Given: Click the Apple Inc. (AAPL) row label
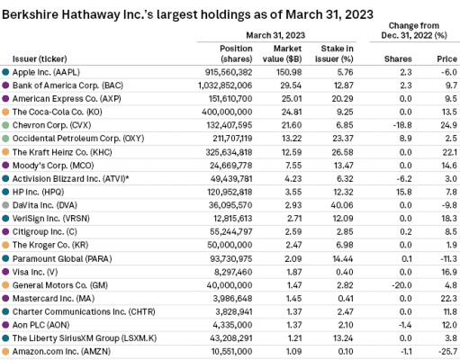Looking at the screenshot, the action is (x=46, y=72).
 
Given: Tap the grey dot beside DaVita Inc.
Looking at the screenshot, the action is (x=5, y=205).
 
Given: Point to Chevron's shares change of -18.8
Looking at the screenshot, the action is (x=402, y=125).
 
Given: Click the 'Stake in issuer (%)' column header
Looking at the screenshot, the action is (x=334, y=54).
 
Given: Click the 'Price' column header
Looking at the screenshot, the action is (x=446, y=58).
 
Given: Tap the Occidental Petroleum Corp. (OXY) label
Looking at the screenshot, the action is (x=78, y=139).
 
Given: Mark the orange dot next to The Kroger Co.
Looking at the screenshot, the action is (x=5, y=245).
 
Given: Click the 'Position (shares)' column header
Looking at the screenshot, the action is (x=236, y=54).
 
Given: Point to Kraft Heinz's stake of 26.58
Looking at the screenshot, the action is (x=342, y=152).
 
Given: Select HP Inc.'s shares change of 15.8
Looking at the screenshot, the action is (x=403, y=192).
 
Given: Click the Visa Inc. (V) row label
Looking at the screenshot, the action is (x=35, y=272).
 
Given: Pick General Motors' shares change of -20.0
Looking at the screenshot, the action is (x=401, y=285).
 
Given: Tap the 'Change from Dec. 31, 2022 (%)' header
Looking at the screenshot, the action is (x=414, y=31).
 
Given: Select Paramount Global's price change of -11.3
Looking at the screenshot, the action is (x=448, y=258).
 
